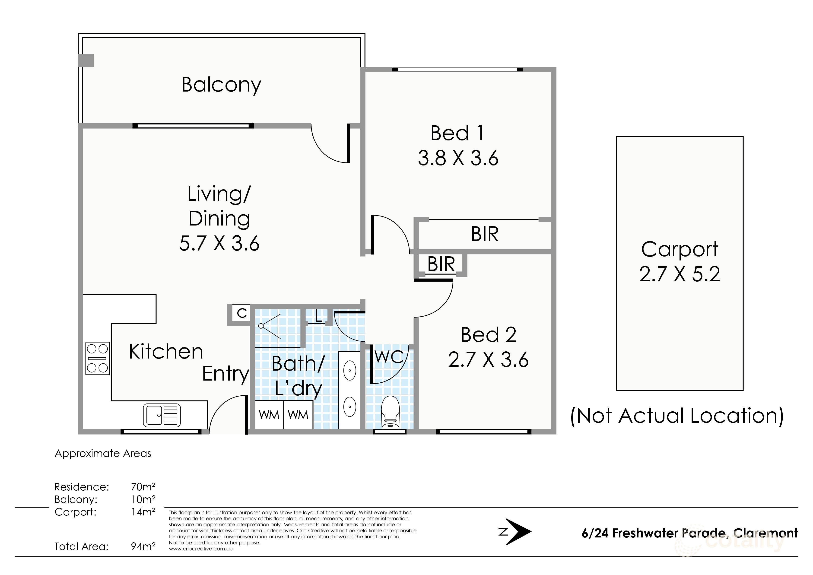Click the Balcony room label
[x=221, y=85]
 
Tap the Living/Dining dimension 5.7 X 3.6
[x=219, y=244]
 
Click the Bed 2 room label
[x=488, y=335]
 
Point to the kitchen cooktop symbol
[x=97, y=358]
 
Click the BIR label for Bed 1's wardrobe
[x=484, y=234]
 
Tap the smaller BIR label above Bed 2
[x=441, y=264]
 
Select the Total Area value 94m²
[x=143, y=546]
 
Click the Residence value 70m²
[x=143, y=487]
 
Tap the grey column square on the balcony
[x=86, y=60]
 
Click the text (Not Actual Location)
[x=677, y=416]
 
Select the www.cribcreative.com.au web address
[x=200, y=549]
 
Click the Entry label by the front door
[x=225, y=374]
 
